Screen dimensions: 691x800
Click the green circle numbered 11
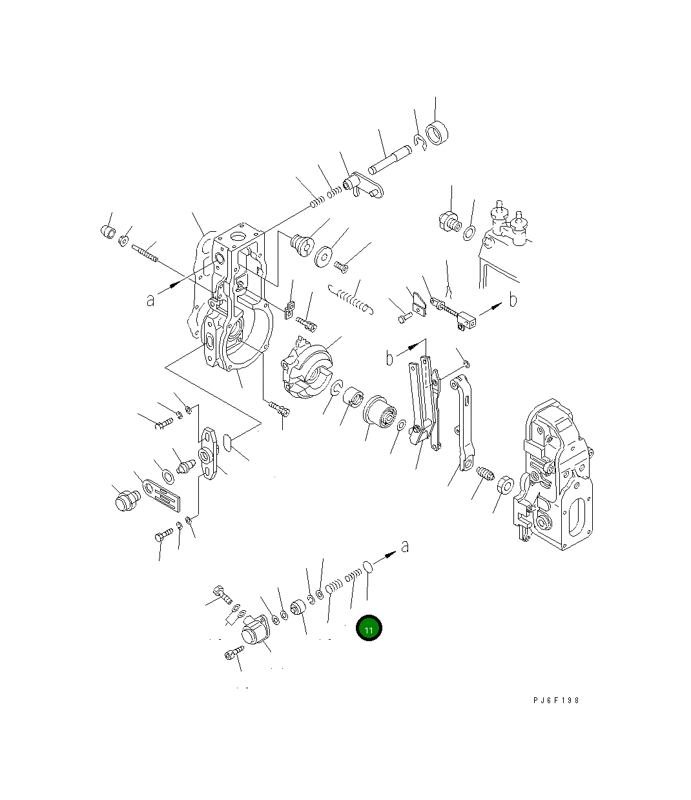369,628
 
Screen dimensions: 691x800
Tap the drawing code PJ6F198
556,700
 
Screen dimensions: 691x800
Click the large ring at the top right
437,133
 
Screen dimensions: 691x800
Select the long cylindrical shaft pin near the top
390,159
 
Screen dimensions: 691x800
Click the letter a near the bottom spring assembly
405,546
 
